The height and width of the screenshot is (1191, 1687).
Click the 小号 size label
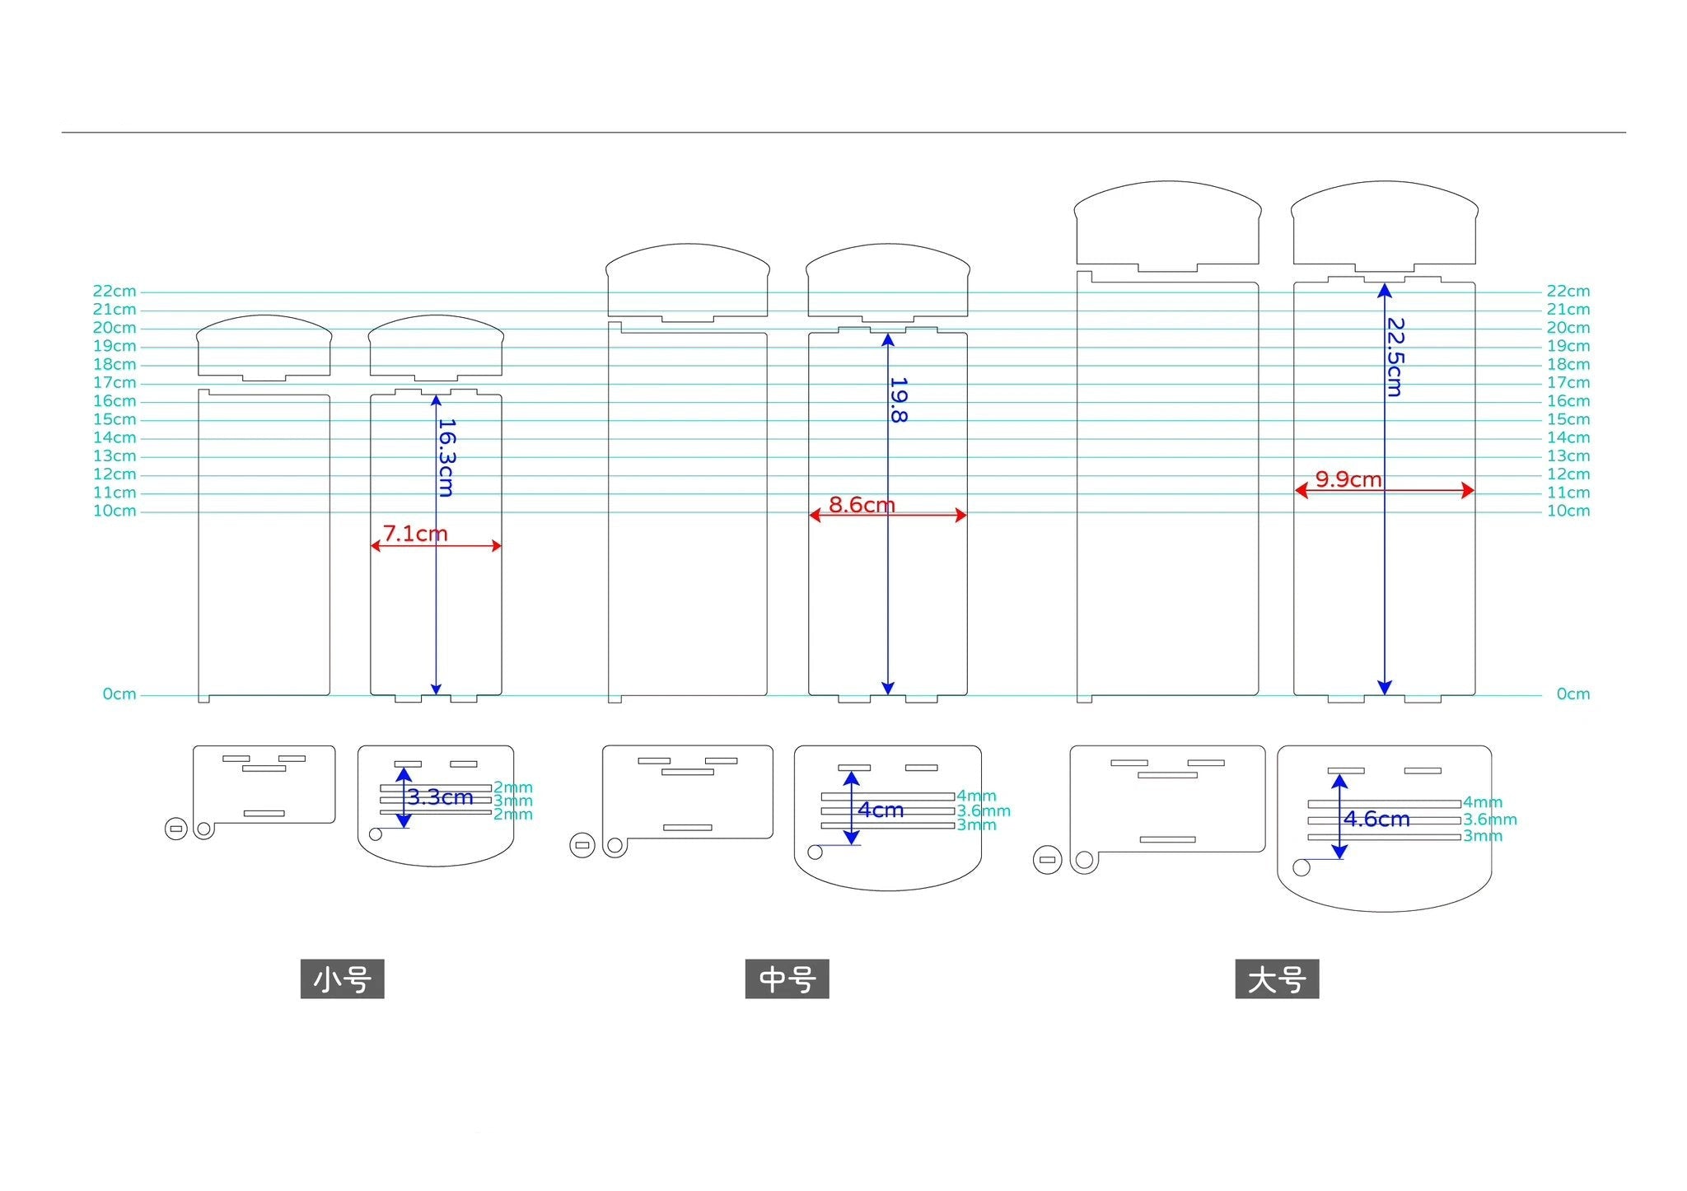(x=342, y=979)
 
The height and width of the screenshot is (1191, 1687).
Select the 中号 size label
(x=787, y=979)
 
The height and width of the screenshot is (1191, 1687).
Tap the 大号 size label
(x=1277, y=979)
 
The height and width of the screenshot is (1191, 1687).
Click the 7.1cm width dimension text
(x=415, y=534)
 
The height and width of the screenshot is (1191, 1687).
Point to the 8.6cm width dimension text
(x=862, y=505)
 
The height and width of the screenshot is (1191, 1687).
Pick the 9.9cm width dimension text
(x=1348, y=479)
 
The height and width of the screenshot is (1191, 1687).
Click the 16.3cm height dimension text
(x=446, y=458)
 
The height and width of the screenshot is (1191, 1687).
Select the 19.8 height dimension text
(x=899, y=400)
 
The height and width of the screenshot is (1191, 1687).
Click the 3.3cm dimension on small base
(x=440, y=797)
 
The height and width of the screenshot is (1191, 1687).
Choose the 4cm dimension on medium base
(x=881, y=810)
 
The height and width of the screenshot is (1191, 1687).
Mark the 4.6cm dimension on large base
(x=1376, y=820)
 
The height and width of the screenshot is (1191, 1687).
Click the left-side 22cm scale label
(x=114, y=292)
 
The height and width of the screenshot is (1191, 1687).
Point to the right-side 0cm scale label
(x=1573, y=694)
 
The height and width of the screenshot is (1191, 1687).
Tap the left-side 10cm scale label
(x=114, y=511)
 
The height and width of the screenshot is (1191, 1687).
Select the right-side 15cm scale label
(x=1568, y=420)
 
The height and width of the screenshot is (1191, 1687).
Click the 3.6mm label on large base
(x=1489, y=820)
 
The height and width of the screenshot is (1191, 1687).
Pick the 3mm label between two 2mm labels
(x=512, y=801)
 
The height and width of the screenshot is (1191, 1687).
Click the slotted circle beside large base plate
(x=1047, y=860)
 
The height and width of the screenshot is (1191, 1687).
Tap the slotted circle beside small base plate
(x=176, y=829)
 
